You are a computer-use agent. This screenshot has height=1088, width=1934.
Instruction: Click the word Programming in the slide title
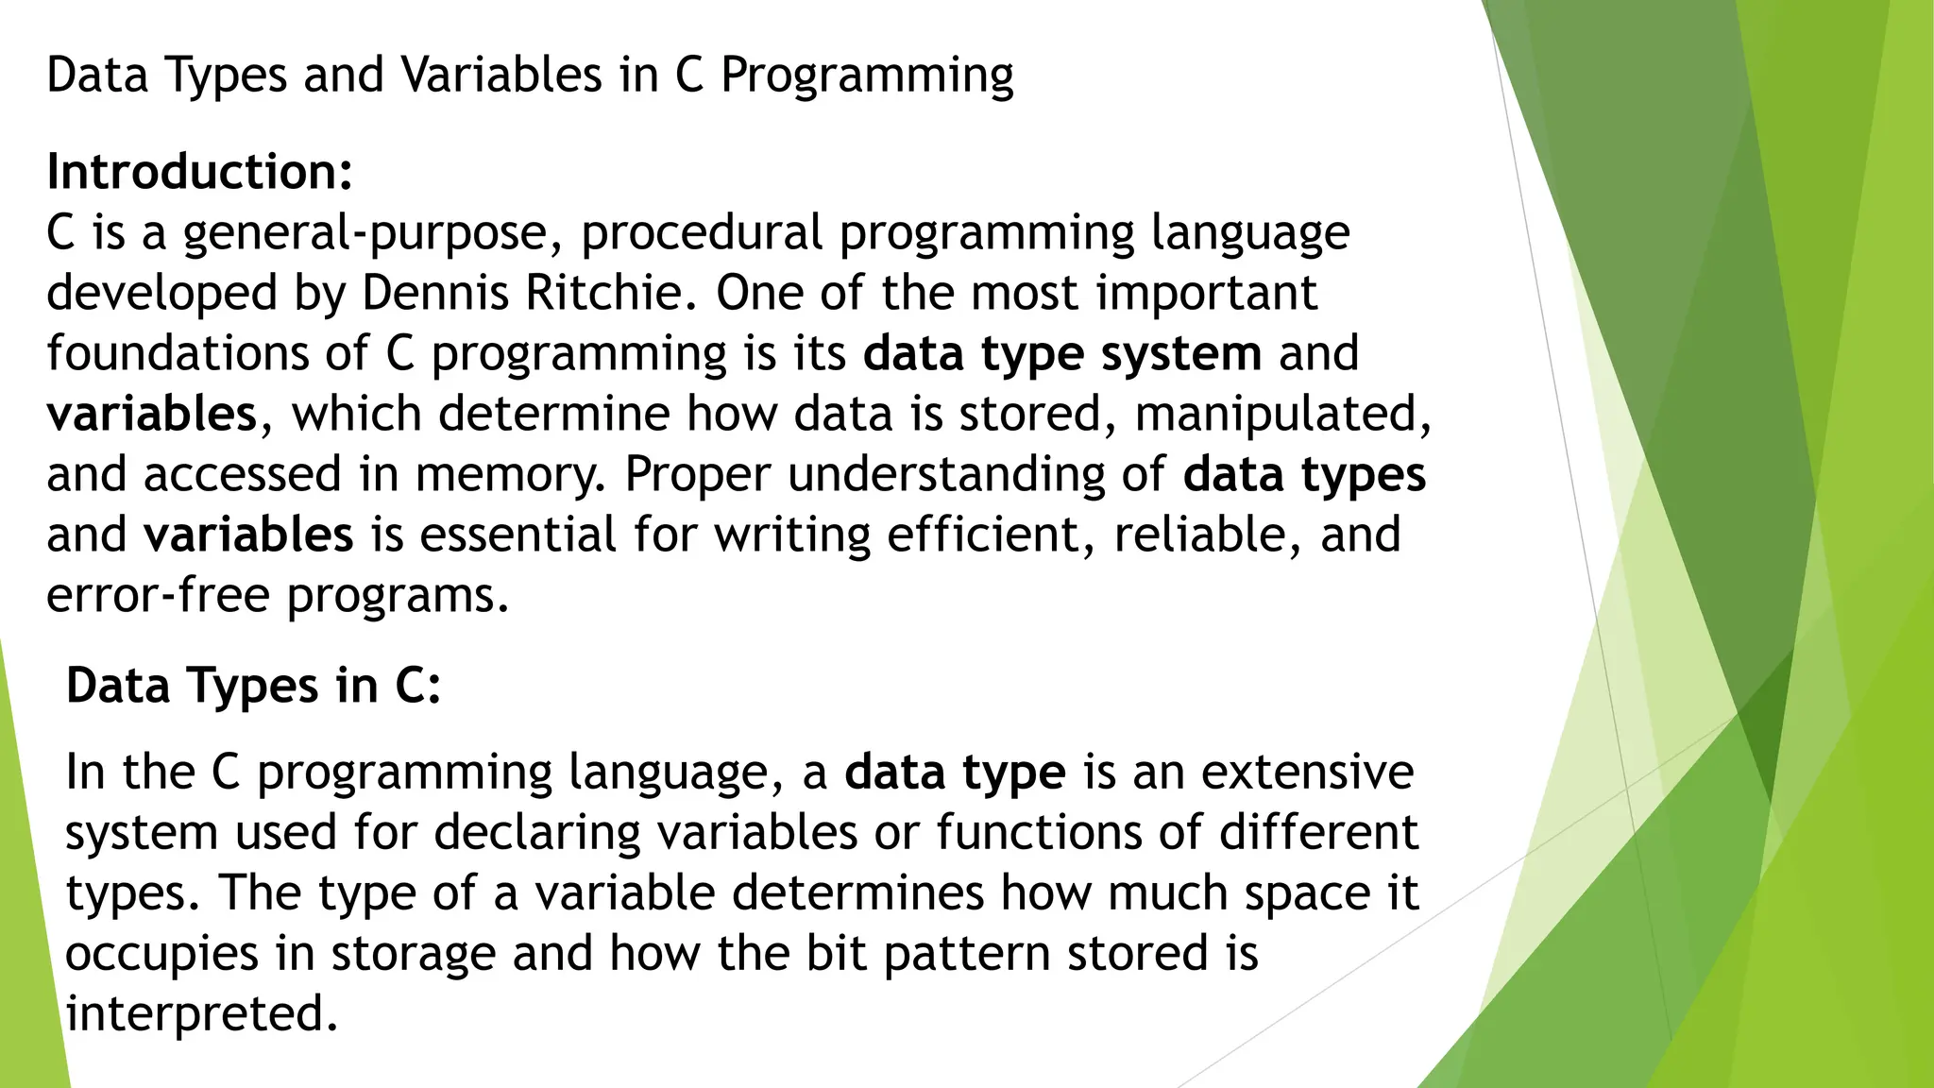[x=866, y=76]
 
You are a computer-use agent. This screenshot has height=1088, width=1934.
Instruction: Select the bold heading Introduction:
[x=199, y=172]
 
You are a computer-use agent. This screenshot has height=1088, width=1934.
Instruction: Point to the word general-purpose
[x=365, y=233]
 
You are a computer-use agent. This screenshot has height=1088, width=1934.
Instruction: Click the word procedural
[x=702, y=233]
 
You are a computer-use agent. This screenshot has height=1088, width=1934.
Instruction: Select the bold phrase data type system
[x=1061, y=353]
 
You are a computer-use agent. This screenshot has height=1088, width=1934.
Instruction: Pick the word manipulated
[x=1282, y=414]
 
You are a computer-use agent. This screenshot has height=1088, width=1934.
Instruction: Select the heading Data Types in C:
[x=253, y=685]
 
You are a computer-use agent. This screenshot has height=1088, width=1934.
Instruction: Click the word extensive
[x=1307, y=772]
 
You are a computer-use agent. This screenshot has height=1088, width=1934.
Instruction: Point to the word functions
[x=1069, y=832]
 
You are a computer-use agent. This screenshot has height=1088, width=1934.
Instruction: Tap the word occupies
[x=161, y=954]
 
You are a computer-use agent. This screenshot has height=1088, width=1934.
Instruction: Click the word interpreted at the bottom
[x=201, y=1013]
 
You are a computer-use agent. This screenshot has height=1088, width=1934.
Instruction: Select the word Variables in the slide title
[x=500, y=76]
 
